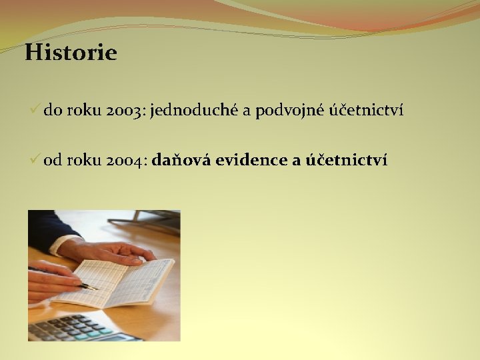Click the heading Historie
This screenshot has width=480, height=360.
point(71,52)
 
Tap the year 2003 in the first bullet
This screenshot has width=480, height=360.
point(123,110)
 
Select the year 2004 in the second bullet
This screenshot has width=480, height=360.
point(124,160)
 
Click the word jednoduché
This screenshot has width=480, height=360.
point(194,109)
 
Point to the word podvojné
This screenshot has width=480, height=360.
point(289,110)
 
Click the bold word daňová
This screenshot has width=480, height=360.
point(181,159)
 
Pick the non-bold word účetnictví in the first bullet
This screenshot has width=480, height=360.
point(367,109)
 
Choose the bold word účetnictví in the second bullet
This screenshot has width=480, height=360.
point(347,159)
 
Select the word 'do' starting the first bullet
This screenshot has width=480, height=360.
point(53,109)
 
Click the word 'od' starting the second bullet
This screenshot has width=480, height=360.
point(53,160)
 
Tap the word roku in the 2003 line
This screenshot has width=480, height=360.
point(84,109)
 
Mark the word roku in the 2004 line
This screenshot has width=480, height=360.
point(84,160)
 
